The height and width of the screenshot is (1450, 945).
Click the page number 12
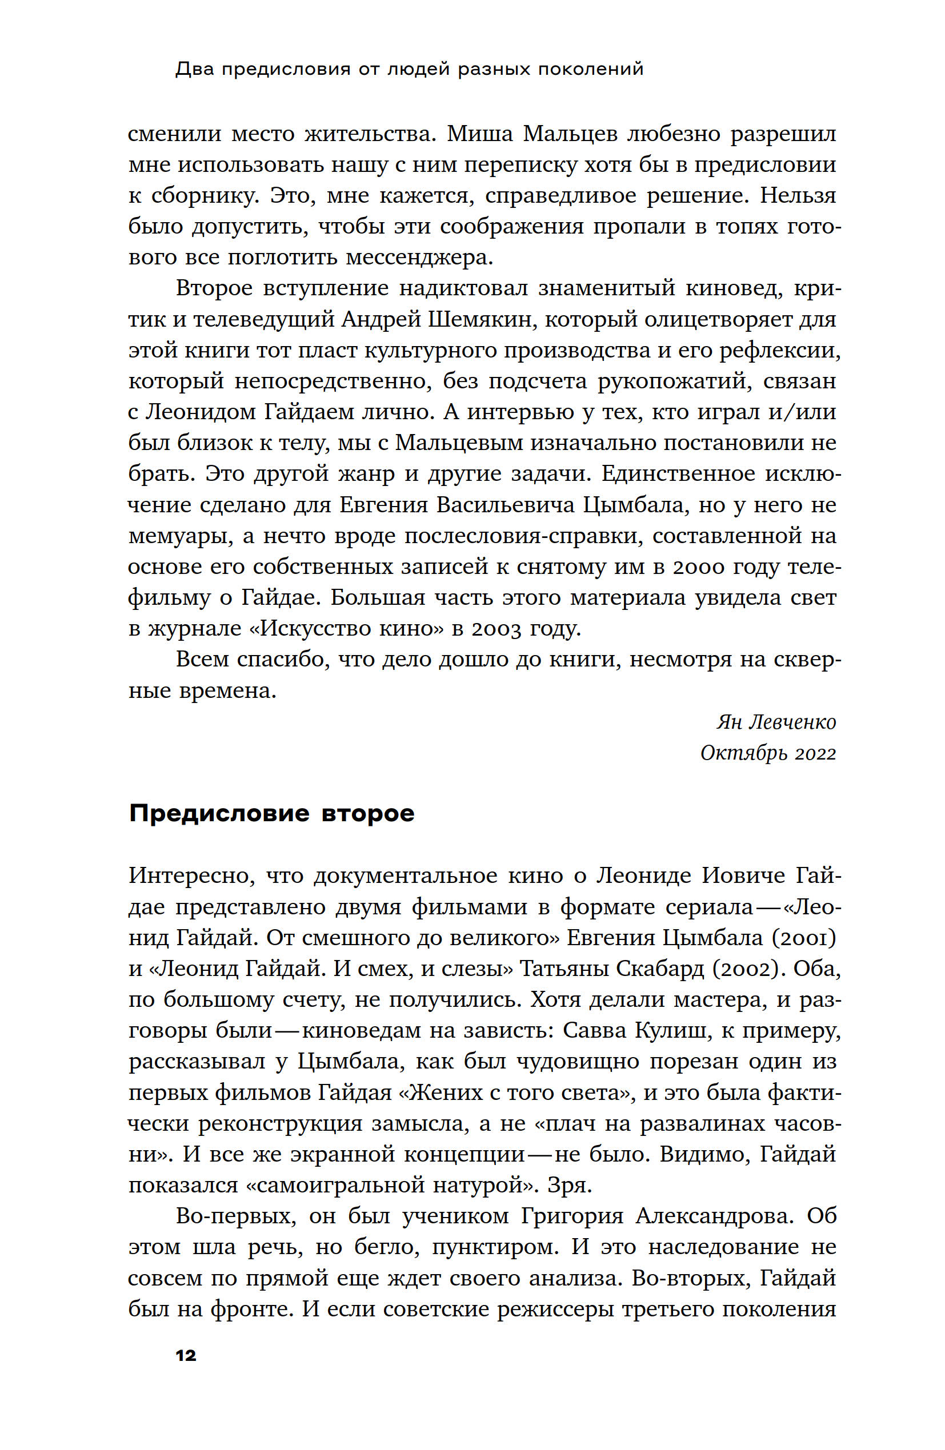click(x=186, y=1356)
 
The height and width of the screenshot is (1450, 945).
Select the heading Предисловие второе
click(x=271, y=813)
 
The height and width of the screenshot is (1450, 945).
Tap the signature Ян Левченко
click(x=775, y=722)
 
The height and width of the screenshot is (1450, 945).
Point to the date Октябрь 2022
click(x=767, y=754)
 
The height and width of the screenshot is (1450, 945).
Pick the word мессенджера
click(x=419, y=258)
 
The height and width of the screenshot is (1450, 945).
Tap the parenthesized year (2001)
click(x=803, y=938)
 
